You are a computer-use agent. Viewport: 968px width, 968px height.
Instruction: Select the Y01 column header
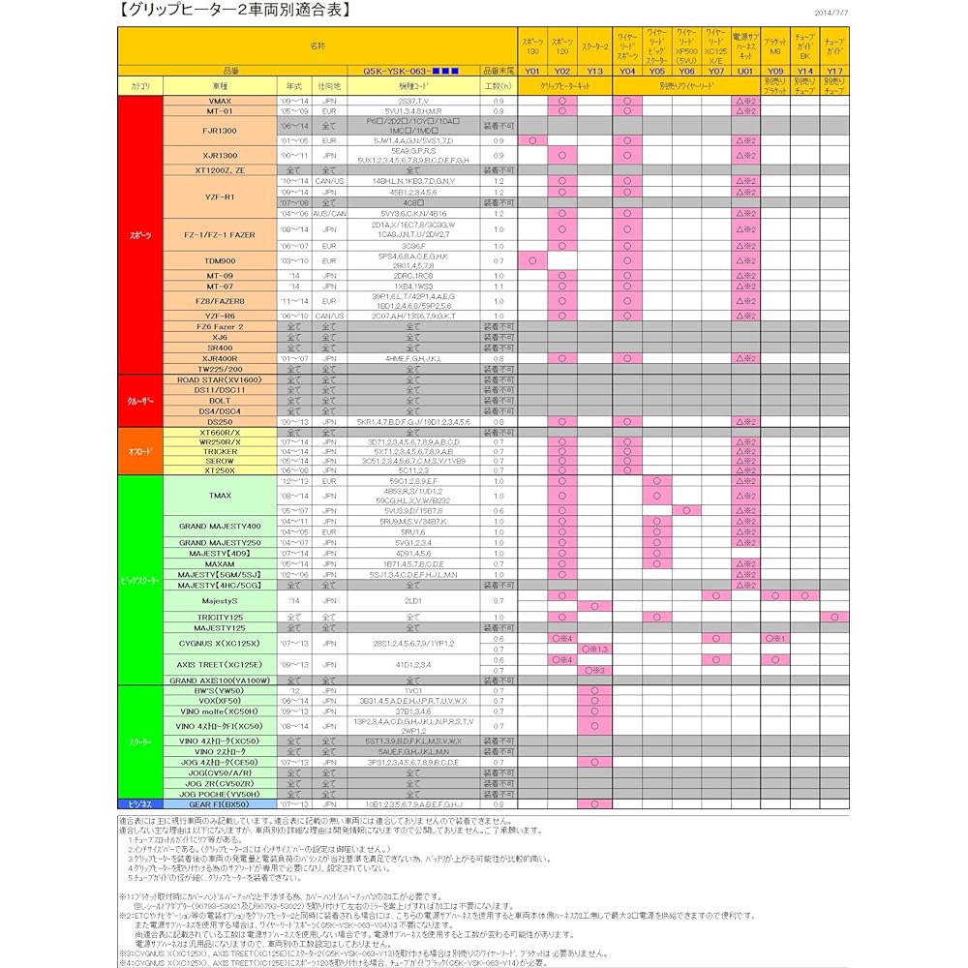(x=532, y=71)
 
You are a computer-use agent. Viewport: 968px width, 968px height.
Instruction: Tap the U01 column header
(x=744, y=71)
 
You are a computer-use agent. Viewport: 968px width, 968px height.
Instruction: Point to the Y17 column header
(x=834, y=71)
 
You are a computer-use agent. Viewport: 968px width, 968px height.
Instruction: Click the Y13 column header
(x=594, y=71)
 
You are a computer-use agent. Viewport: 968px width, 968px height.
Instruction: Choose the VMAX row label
(x=220, y=101)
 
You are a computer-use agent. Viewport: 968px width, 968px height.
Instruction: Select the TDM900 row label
(x=220, y=260)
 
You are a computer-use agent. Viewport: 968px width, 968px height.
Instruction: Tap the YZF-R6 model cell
(x=220, y=316)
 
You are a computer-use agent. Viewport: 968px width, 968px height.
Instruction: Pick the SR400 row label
(x=220, y=348)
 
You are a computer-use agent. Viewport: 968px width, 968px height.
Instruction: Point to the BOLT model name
(x=220, y=401)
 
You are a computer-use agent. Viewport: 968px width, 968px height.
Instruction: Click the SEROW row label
(x=220, y=461)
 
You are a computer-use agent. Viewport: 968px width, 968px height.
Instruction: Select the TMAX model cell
(x=220, y=496)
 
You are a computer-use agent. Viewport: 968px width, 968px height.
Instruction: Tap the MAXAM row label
(x=220, y=563)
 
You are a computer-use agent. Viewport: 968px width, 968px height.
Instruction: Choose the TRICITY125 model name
(x=220, y=617)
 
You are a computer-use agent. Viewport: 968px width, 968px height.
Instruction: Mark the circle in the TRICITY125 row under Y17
(x=834, y=617)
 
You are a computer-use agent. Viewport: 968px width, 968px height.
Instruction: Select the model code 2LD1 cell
(x=413, y=600)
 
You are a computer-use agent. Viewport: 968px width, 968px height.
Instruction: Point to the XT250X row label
(x=220, y=470)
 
